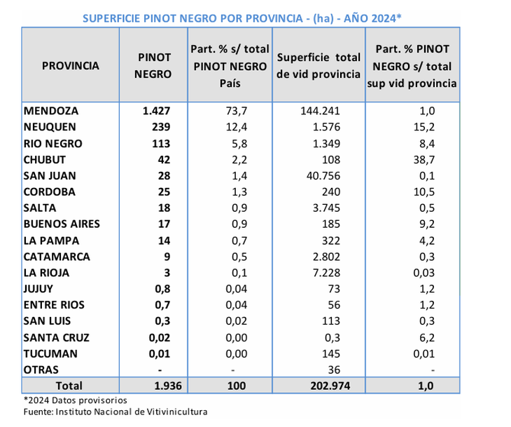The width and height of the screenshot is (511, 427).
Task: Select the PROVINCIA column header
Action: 71,66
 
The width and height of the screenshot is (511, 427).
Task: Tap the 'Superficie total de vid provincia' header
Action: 318,66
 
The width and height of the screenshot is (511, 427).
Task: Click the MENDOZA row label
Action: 51,111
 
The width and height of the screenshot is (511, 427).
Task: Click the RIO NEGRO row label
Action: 52,143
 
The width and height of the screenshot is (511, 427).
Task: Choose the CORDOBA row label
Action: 50,191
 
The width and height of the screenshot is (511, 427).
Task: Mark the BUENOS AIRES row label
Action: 62,224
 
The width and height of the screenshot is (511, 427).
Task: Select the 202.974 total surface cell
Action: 319,386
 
